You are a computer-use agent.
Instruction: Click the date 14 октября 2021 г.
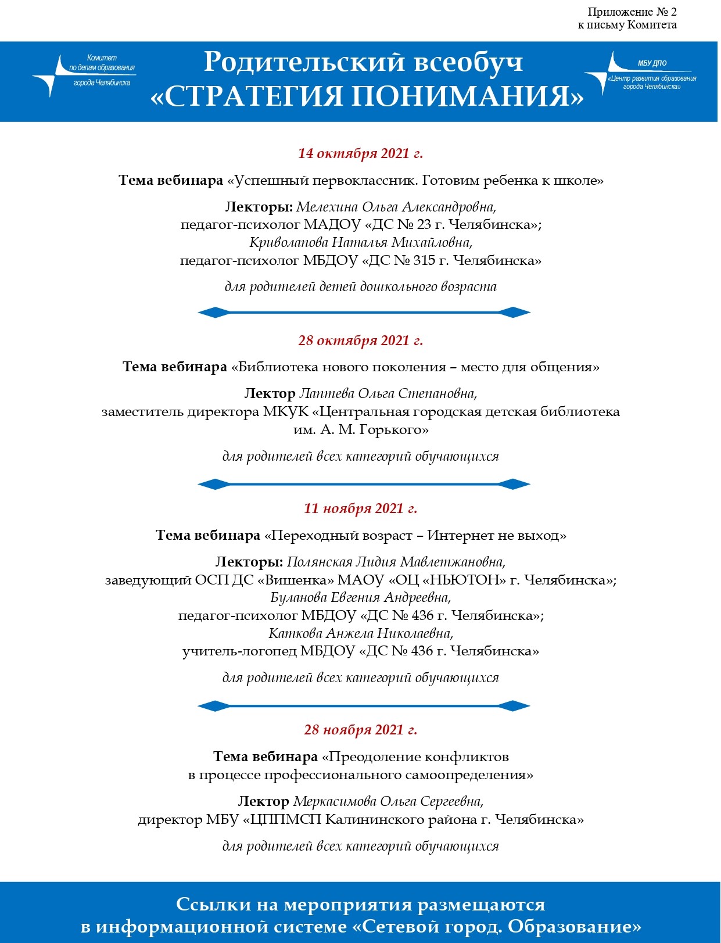tap(360, 153)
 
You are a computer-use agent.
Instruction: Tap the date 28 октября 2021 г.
tap(360, 340)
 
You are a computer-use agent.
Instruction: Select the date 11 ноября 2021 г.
tap(360, 508)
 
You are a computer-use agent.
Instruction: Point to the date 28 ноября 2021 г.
tap(360, 730)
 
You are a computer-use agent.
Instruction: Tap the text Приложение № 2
tap(632, 12)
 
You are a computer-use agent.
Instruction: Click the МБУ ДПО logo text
tap(652, 63)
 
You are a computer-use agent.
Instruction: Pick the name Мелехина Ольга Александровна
tap(396, 207)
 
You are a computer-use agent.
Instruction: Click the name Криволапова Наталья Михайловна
tap(360, 242)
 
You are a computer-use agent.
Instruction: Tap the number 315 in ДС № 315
tap(424, 260)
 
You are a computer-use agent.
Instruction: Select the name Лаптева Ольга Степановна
tap(388, 394)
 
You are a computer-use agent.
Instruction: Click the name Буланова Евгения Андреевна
tap(360, 597)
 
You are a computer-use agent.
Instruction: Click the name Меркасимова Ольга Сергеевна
tap(388, 802)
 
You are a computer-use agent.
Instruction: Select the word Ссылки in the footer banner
tap(213, 905)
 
